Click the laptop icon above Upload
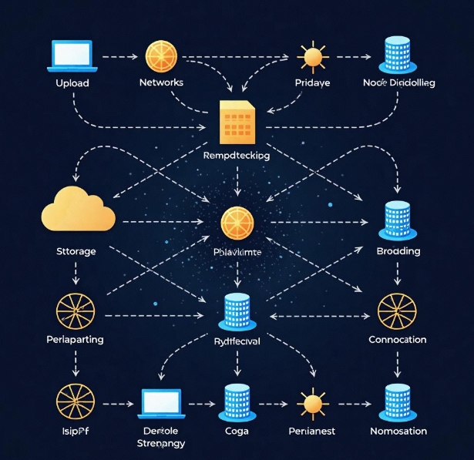tap(72, 55)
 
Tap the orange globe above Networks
tap(161, 56)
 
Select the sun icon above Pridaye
tap(312, 58)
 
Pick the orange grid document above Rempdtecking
tap(236, 123)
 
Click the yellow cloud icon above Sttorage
tap(77, 210)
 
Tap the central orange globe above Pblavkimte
tap(237, 223)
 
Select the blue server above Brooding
tap(398, 220)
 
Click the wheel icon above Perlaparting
tap(75, 311)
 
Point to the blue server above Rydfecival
tap(237, 311)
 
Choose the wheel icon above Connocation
tap(398, 312)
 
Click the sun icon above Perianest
tap(312, 403)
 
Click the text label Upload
tap(72, 82)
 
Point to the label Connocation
tap(398, 340)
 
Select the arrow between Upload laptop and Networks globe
tap(118, 56)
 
